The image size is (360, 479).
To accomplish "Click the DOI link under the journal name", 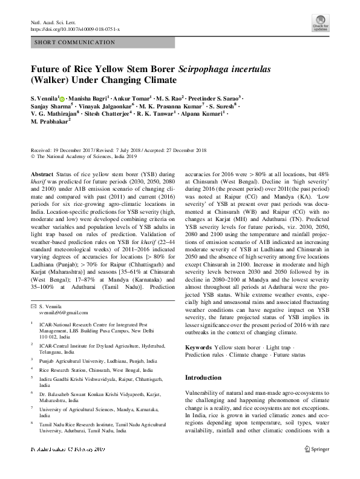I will tap(75, 28).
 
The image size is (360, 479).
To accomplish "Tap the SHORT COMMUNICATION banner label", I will tap(75, 42).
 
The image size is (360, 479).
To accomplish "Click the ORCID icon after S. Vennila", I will tap(62, 98).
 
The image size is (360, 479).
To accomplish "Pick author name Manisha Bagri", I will tap(89, 98).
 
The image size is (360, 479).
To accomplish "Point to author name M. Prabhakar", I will tap(50, 120).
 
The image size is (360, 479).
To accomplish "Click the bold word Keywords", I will tap(198, 347).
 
